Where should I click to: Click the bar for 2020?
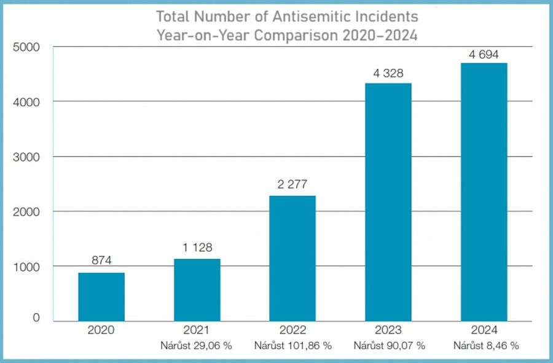click(x=101, y=297)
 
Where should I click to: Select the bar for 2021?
click(x=197, y=290)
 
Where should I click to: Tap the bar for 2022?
click(x=292, y=258)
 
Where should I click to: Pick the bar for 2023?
click(x=388, y=202)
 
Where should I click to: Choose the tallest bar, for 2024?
click(x=484, y=192)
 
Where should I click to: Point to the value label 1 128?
click(x=197, y=249)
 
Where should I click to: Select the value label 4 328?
click(x=388, y=73)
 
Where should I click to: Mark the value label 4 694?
click(x=484, y=53)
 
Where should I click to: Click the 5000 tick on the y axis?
click(x=26, y=47)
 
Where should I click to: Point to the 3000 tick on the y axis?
click(x=26, y=157)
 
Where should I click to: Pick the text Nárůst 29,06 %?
click(x=197, y=345)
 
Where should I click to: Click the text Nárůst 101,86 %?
click(x=292, y=345)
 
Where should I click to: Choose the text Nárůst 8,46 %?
click(x=485, y=345)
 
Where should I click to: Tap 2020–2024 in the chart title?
click(x=378, y=35)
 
